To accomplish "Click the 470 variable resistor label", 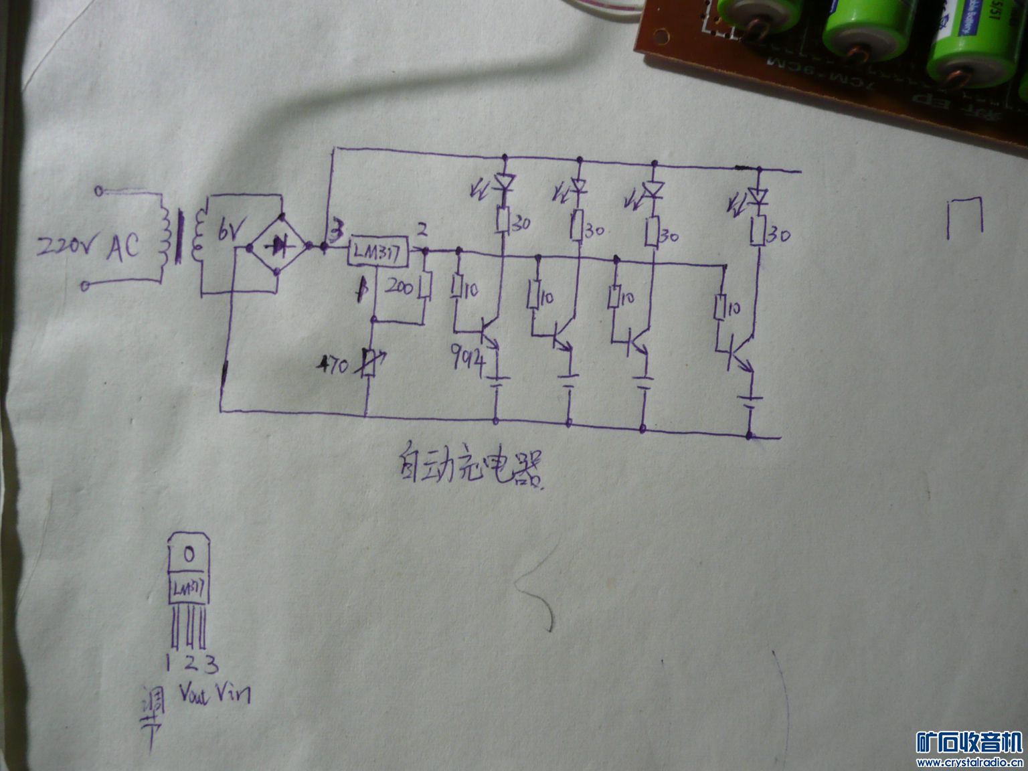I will (335, 366).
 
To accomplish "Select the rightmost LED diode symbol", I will (758, 197).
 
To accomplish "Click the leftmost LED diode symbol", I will (504, 183).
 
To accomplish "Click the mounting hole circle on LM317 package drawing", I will (189, 554).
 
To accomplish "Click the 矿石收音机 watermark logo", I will (968, 742).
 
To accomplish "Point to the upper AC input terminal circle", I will (99, 191).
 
